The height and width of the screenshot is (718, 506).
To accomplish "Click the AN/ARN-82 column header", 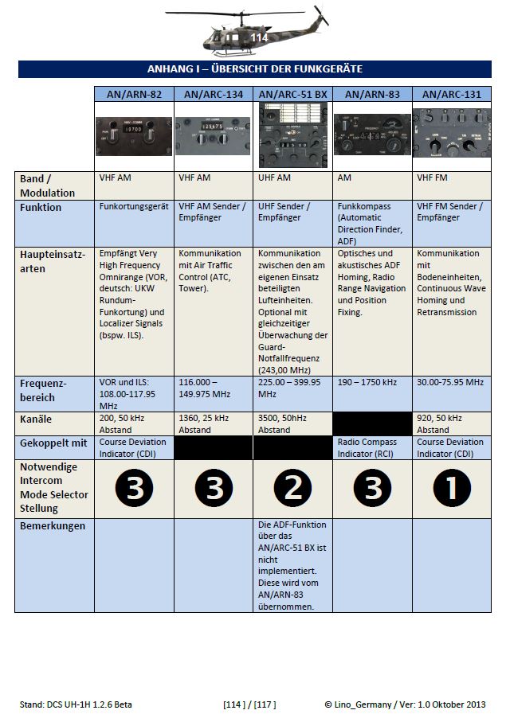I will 134,94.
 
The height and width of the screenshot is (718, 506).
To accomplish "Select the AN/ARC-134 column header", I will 214,94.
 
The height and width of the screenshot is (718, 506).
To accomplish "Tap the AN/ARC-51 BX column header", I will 292,94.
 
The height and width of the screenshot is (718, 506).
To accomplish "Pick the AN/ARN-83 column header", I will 372,94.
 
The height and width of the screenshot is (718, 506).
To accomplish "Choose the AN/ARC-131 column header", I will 452,94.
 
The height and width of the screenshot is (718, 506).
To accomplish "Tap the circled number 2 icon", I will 292,488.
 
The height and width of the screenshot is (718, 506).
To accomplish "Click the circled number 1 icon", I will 452,488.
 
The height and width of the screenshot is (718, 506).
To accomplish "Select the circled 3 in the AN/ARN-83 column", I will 372,488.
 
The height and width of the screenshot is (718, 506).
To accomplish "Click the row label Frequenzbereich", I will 44,389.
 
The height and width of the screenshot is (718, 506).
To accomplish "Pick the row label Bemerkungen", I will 53,526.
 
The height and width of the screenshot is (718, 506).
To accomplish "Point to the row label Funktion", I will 40,207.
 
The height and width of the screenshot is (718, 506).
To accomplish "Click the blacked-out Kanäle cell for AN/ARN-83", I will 372,423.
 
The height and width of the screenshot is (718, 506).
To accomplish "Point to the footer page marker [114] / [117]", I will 249,704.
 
